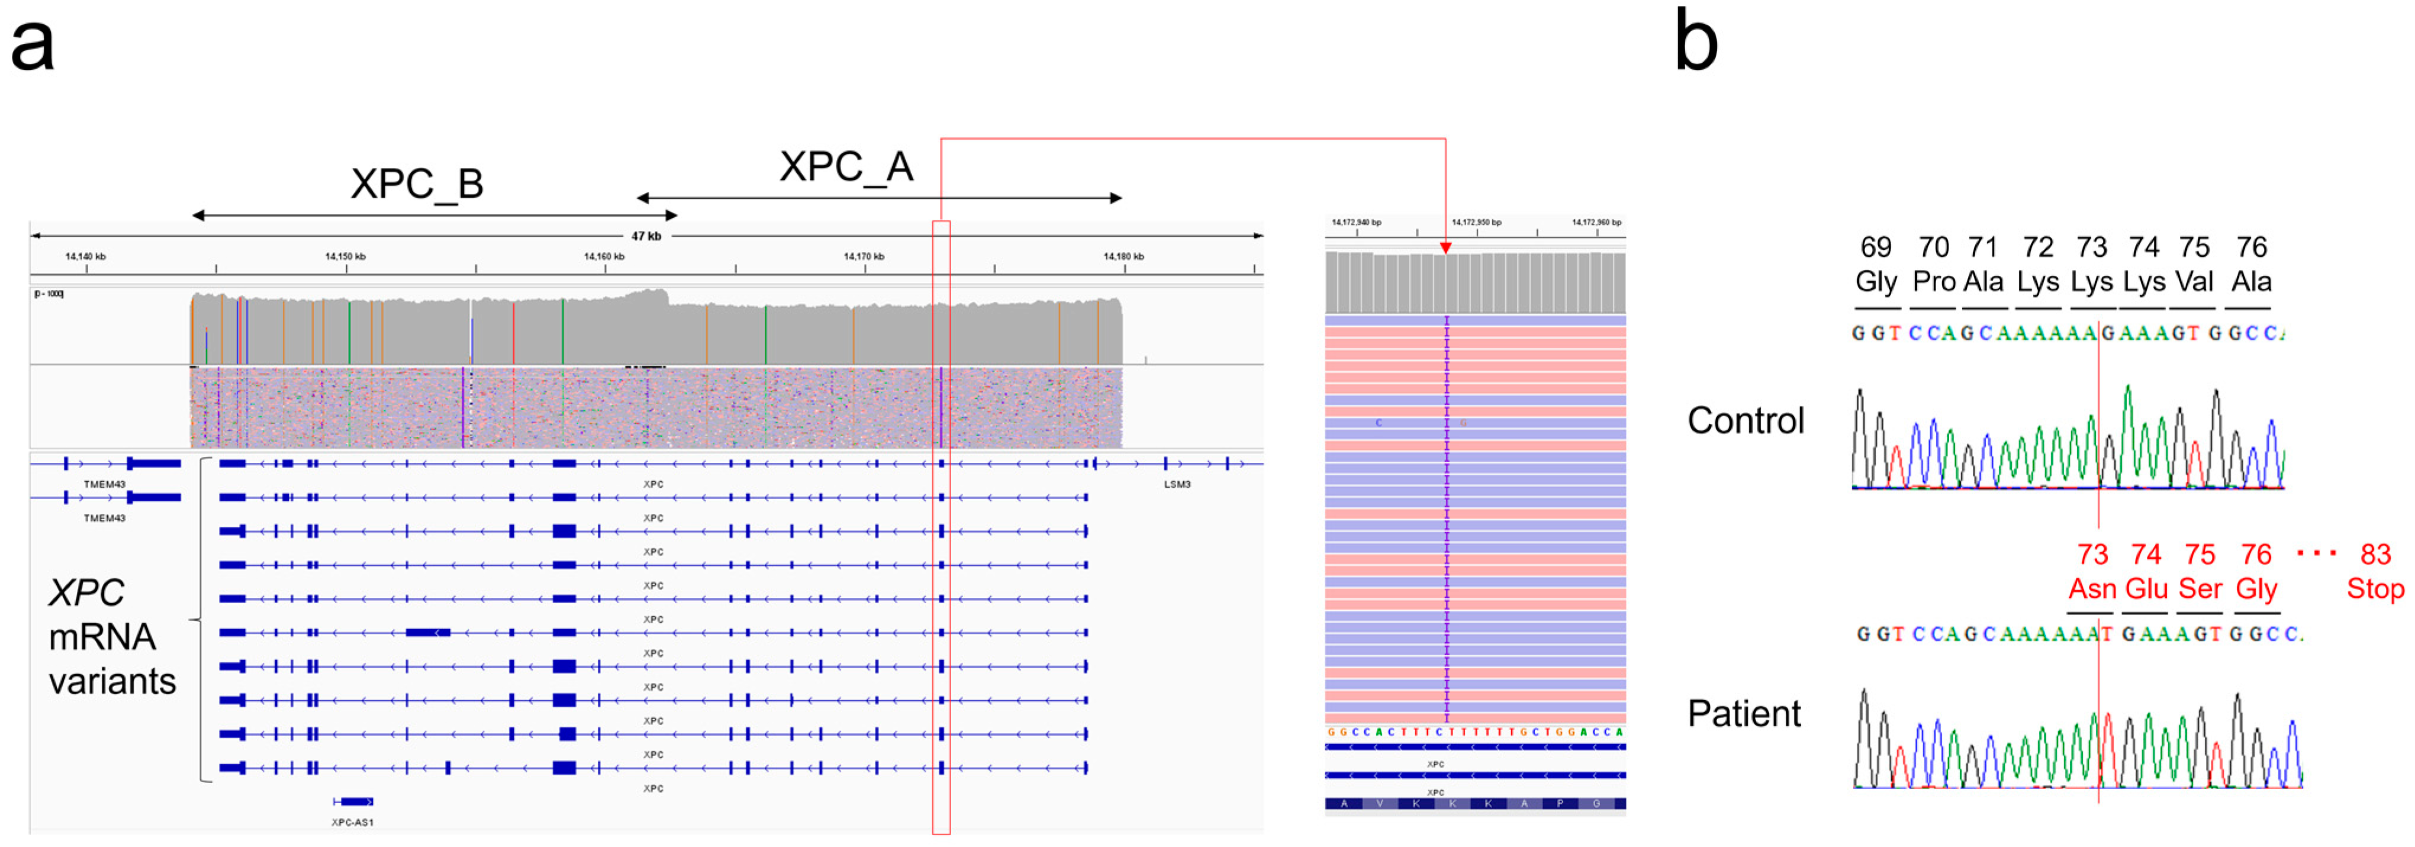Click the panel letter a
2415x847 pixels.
32,45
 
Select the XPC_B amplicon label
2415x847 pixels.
417,184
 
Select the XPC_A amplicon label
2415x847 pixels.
846,167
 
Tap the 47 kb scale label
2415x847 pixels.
646,236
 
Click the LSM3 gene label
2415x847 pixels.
1177,485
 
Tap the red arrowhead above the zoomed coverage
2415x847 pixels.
1445,249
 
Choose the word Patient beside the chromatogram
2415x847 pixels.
1744,714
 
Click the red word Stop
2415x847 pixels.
2375,589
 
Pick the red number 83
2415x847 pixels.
2375,555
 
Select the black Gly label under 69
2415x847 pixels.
1875,281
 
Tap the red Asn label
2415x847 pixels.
2092,589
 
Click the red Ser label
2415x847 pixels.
2200,589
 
